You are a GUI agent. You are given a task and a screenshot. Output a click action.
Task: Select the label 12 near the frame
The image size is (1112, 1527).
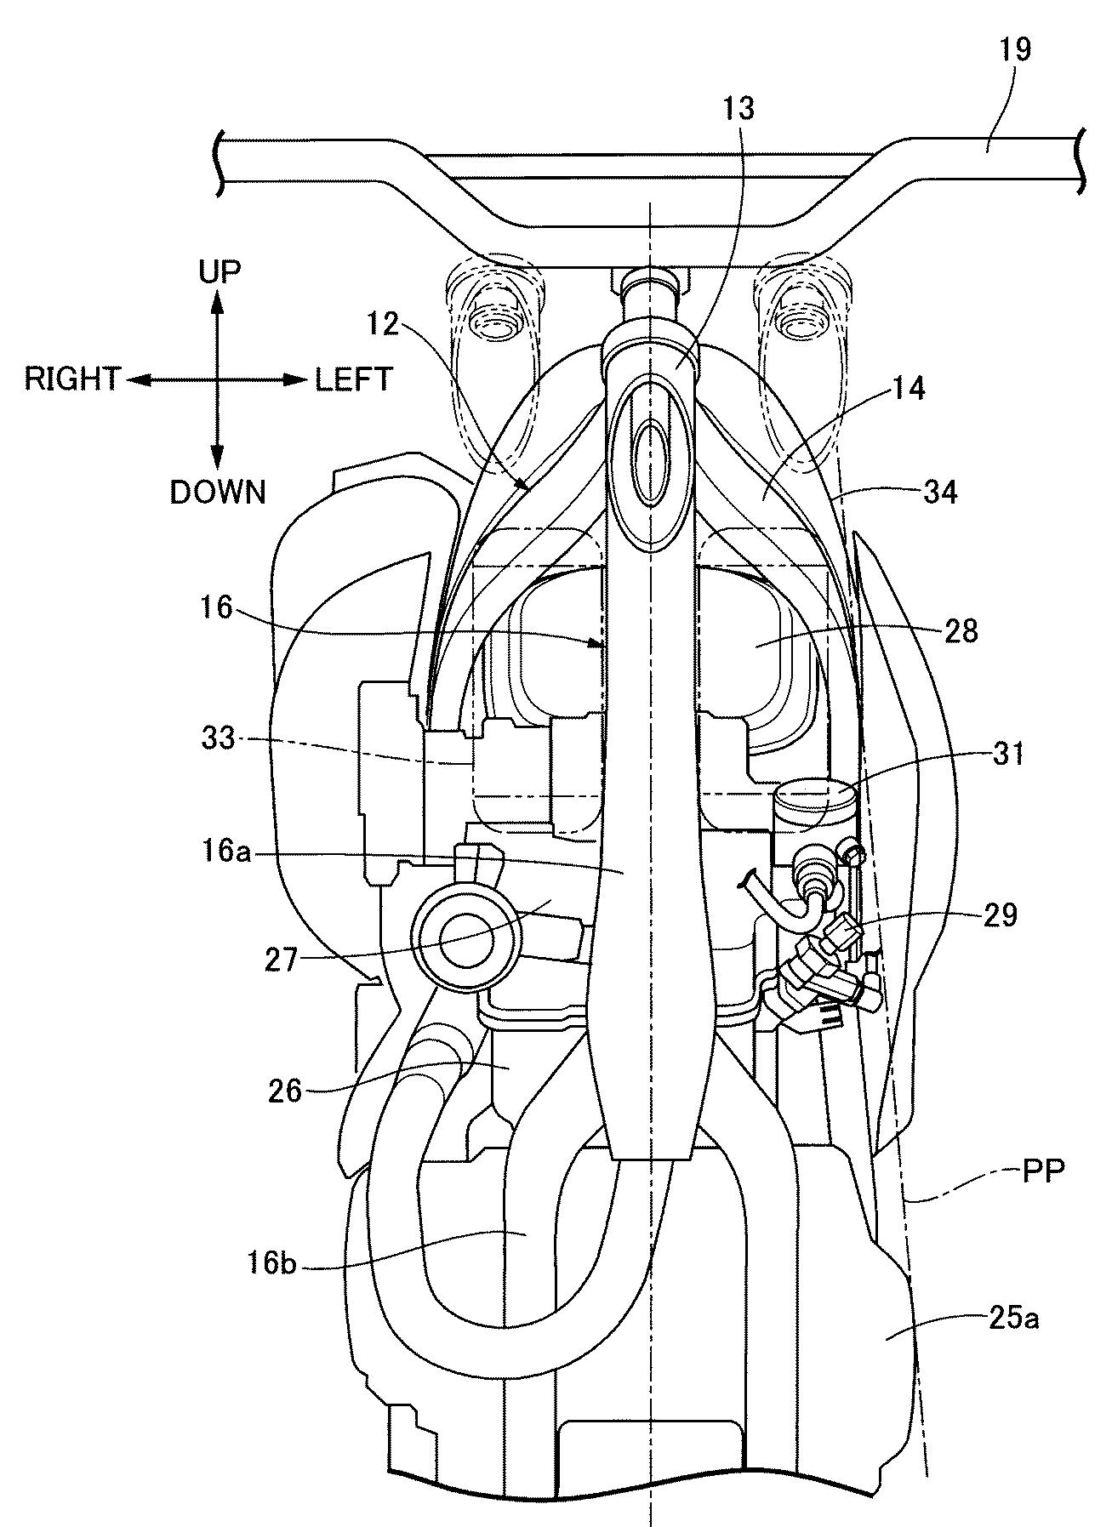click(x=385, y=324)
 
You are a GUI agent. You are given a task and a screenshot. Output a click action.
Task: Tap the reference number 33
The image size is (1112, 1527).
click(x=218, y=738)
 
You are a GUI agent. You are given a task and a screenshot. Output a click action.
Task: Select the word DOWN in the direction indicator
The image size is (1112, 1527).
click(x=218, y=492)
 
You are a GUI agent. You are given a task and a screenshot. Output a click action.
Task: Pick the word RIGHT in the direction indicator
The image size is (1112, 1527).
click(x=72, y=379)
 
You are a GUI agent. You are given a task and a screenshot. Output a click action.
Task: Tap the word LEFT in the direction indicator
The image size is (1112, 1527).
click(x=354, y=379)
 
